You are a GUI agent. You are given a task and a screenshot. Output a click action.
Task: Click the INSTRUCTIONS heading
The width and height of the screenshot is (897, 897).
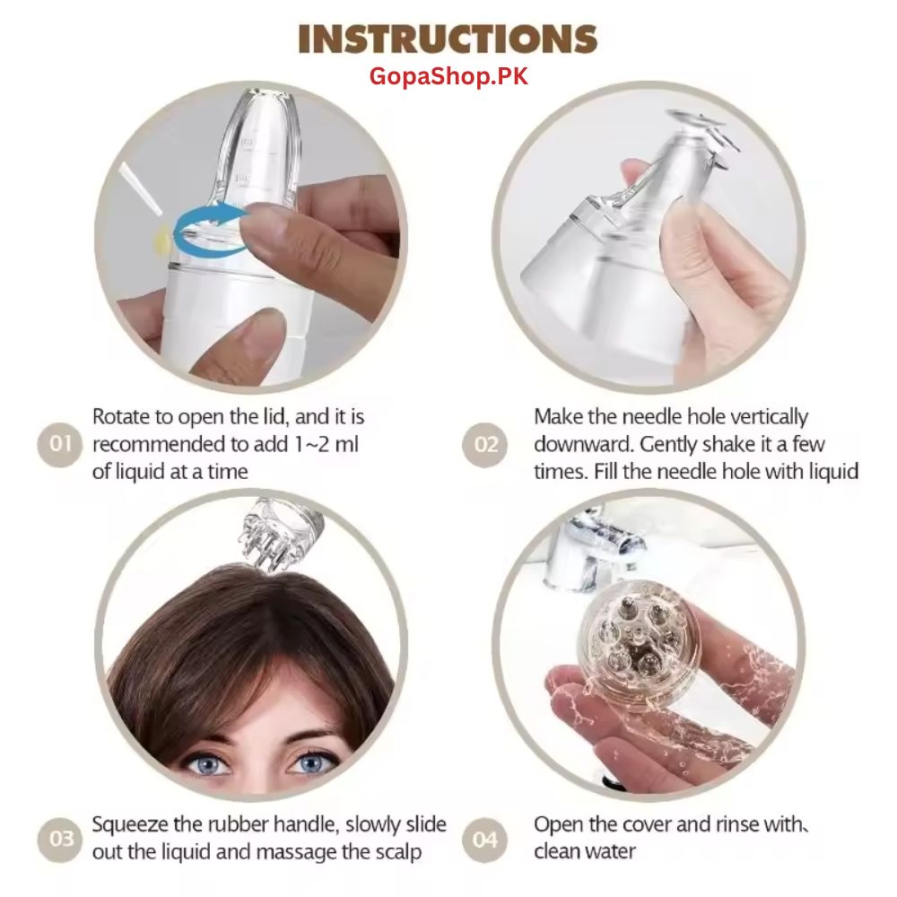448,39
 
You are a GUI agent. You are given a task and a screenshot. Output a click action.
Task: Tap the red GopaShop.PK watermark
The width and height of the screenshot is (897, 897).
448,76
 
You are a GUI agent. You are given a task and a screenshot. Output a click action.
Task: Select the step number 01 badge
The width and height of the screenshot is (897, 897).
60,444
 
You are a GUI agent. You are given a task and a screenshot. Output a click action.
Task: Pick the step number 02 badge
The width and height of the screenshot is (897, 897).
485,444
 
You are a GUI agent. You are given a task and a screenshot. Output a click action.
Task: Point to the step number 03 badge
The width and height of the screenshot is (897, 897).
60,839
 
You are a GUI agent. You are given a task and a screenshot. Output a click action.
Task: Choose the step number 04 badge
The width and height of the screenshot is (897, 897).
485,839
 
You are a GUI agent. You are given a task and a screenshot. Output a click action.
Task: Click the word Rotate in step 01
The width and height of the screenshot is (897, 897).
122,417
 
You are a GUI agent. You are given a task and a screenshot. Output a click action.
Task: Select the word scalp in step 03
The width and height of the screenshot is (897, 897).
395,850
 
